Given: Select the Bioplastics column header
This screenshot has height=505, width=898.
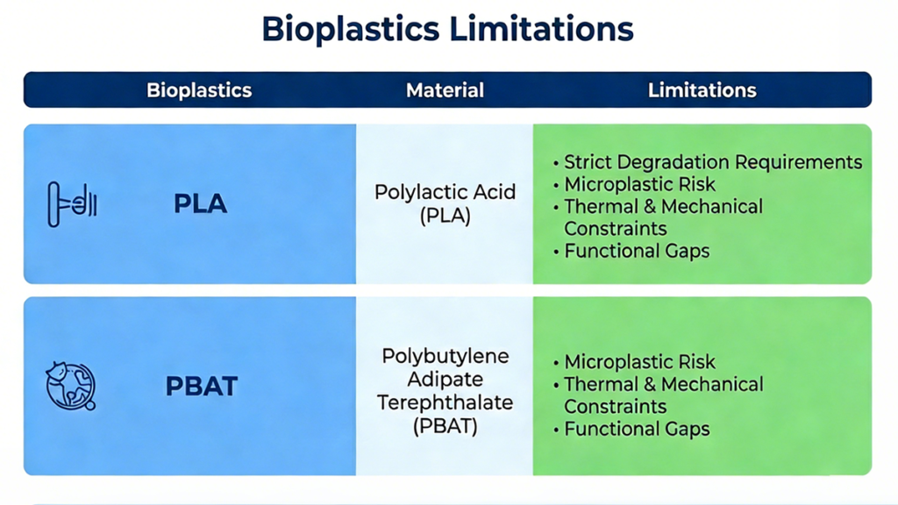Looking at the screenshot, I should pyautogui.click(x=199, y=90).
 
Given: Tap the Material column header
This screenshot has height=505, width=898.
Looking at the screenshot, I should pyautogui.click(x=445, y=90).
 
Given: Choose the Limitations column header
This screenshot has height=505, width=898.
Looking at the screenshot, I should pyautogui.click(x=702, y=90).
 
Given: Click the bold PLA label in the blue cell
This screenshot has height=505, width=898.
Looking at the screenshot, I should pyautogui.click(x=200, y=204).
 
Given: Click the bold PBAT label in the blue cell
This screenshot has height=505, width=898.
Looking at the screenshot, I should pyautogui.click(x=202, y=386).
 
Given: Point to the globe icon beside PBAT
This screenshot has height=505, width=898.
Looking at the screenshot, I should pyautogui.click(x=70, y=386).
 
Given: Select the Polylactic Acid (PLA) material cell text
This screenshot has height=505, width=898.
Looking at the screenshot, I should pyautogui.click(x=445, y=203).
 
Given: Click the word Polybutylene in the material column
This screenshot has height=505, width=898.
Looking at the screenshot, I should pyautogui.click(x=445, y=357).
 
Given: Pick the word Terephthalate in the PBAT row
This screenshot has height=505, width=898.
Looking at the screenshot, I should pyautogui.click(x=445, y=402).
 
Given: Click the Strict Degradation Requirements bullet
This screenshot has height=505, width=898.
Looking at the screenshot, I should pyautogui.click(x=712, y=162).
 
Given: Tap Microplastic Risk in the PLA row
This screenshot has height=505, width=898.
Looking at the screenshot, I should pyautogui.click(x=639, y=184).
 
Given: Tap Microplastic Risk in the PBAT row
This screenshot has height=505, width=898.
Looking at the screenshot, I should pyautogui.click(x=639, y=361).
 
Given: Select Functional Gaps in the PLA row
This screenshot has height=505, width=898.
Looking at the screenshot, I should pyautogui.click(x=637, y=251).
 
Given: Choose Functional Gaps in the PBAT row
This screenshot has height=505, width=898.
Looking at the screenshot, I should pyautogui.click(x=637, y=429).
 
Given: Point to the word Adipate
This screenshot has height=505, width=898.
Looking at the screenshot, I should pyautogui.click(x=445, y=380).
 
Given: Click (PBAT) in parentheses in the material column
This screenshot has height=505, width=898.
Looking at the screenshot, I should pyautogui.click(x=445, y=425).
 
